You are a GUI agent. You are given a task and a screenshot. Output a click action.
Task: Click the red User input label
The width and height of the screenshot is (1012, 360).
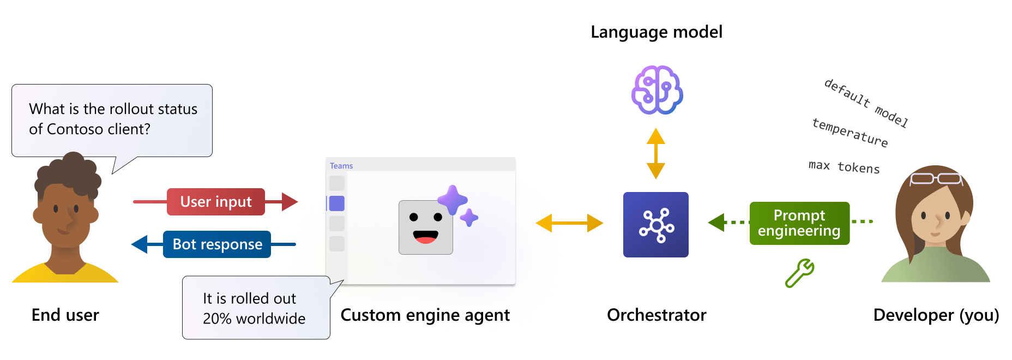point(216,202)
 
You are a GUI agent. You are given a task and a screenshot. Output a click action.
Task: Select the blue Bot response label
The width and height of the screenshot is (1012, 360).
point(217,244)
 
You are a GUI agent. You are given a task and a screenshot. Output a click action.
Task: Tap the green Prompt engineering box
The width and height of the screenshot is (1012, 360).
point(799,223)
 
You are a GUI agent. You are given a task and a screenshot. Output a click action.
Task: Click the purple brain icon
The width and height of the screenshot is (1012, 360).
point(656,90)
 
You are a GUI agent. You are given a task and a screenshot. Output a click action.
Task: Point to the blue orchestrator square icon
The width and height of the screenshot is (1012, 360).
point(656,225)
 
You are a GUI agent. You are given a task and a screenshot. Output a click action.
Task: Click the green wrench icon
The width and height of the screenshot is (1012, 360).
point(799,273)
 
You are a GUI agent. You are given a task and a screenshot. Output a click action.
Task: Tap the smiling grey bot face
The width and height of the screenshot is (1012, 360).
point(426,227)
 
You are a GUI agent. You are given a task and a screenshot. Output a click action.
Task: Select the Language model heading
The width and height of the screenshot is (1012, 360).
point(656,32)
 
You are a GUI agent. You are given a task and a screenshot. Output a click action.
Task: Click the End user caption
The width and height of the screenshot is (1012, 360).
point(65,315)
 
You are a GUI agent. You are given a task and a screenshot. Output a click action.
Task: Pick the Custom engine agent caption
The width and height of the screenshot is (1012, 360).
point(425,315)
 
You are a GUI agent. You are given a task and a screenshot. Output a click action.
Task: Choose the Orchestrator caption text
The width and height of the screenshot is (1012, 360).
point(656,315)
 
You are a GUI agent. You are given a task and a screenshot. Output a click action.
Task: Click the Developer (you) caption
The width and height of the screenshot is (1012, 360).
point(936,315)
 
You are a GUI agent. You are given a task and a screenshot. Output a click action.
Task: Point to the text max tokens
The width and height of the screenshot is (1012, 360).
point(844,166)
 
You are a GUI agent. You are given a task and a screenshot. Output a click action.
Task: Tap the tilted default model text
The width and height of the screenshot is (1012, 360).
point(866,103)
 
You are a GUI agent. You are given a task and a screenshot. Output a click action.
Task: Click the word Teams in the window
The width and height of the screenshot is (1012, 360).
point(341,166)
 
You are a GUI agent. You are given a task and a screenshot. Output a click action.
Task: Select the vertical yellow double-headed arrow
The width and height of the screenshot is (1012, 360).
point(656,154)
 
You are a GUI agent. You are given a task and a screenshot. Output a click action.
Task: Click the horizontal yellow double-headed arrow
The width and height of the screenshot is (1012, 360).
point(569,223)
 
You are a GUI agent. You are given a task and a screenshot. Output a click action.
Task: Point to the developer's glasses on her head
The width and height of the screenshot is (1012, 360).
point(936,178)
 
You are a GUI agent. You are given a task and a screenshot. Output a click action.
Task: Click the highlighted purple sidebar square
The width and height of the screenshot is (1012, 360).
point(337,203)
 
